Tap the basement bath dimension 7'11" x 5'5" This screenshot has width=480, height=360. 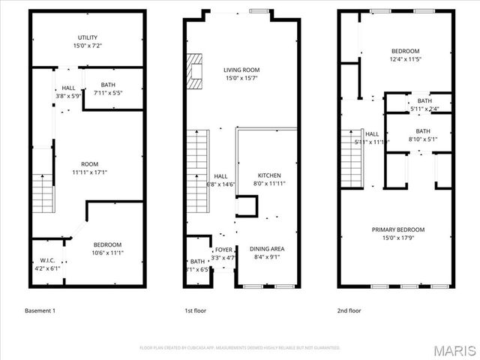[113, 94]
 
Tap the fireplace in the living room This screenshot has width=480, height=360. [196, 72]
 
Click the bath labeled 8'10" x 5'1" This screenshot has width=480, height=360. [424, 134]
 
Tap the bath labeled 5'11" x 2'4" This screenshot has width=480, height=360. [424, 105]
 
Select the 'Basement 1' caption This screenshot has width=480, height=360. [40, 310]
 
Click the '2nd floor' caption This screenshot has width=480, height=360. [349, 310]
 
